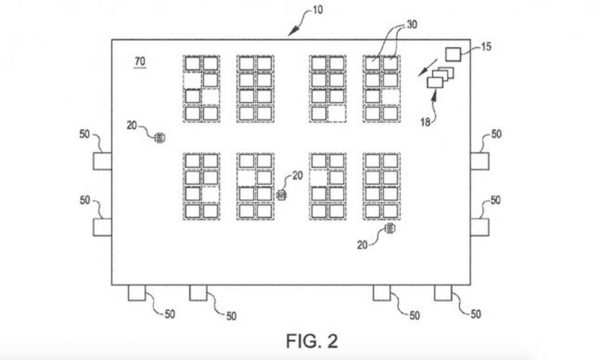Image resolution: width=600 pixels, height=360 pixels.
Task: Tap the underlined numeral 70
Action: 140,62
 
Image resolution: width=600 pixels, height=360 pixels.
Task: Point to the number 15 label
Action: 486,47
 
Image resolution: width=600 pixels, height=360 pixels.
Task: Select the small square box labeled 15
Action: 453,54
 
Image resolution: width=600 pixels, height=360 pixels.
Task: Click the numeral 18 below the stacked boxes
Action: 425,121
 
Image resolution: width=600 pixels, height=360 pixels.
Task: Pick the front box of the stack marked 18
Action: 435,82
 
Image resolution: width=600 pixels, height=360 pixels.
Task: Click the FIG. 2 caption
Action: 312,341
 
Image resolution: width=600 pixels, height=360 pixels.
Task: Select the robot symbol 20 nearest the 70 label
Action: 159,138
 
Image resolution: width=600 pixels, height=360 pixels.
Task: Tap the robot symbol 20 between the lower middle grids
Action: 281,195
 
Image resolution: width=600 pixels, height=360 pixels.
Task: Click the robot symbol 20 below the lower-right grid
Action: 389,228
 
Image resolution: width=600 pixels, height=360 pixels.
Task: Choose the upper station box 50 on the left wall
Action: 102,161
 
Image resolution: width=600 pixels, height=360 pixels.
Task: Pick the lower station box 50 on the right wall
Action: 480,227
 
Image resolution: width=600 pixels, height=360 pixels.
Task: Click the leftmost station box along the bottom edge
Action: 137,293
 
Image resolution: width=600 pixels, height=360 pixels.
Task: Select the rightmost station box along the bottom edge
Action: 443,293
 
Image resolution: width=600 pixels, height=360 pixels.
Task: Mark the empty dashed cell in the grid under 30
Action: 390,96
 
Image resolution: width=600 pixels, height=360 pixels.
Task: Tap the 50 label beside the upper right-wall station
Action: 496,134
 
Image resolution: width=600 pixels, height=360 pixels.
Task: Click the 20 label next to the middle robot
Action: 297,175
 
